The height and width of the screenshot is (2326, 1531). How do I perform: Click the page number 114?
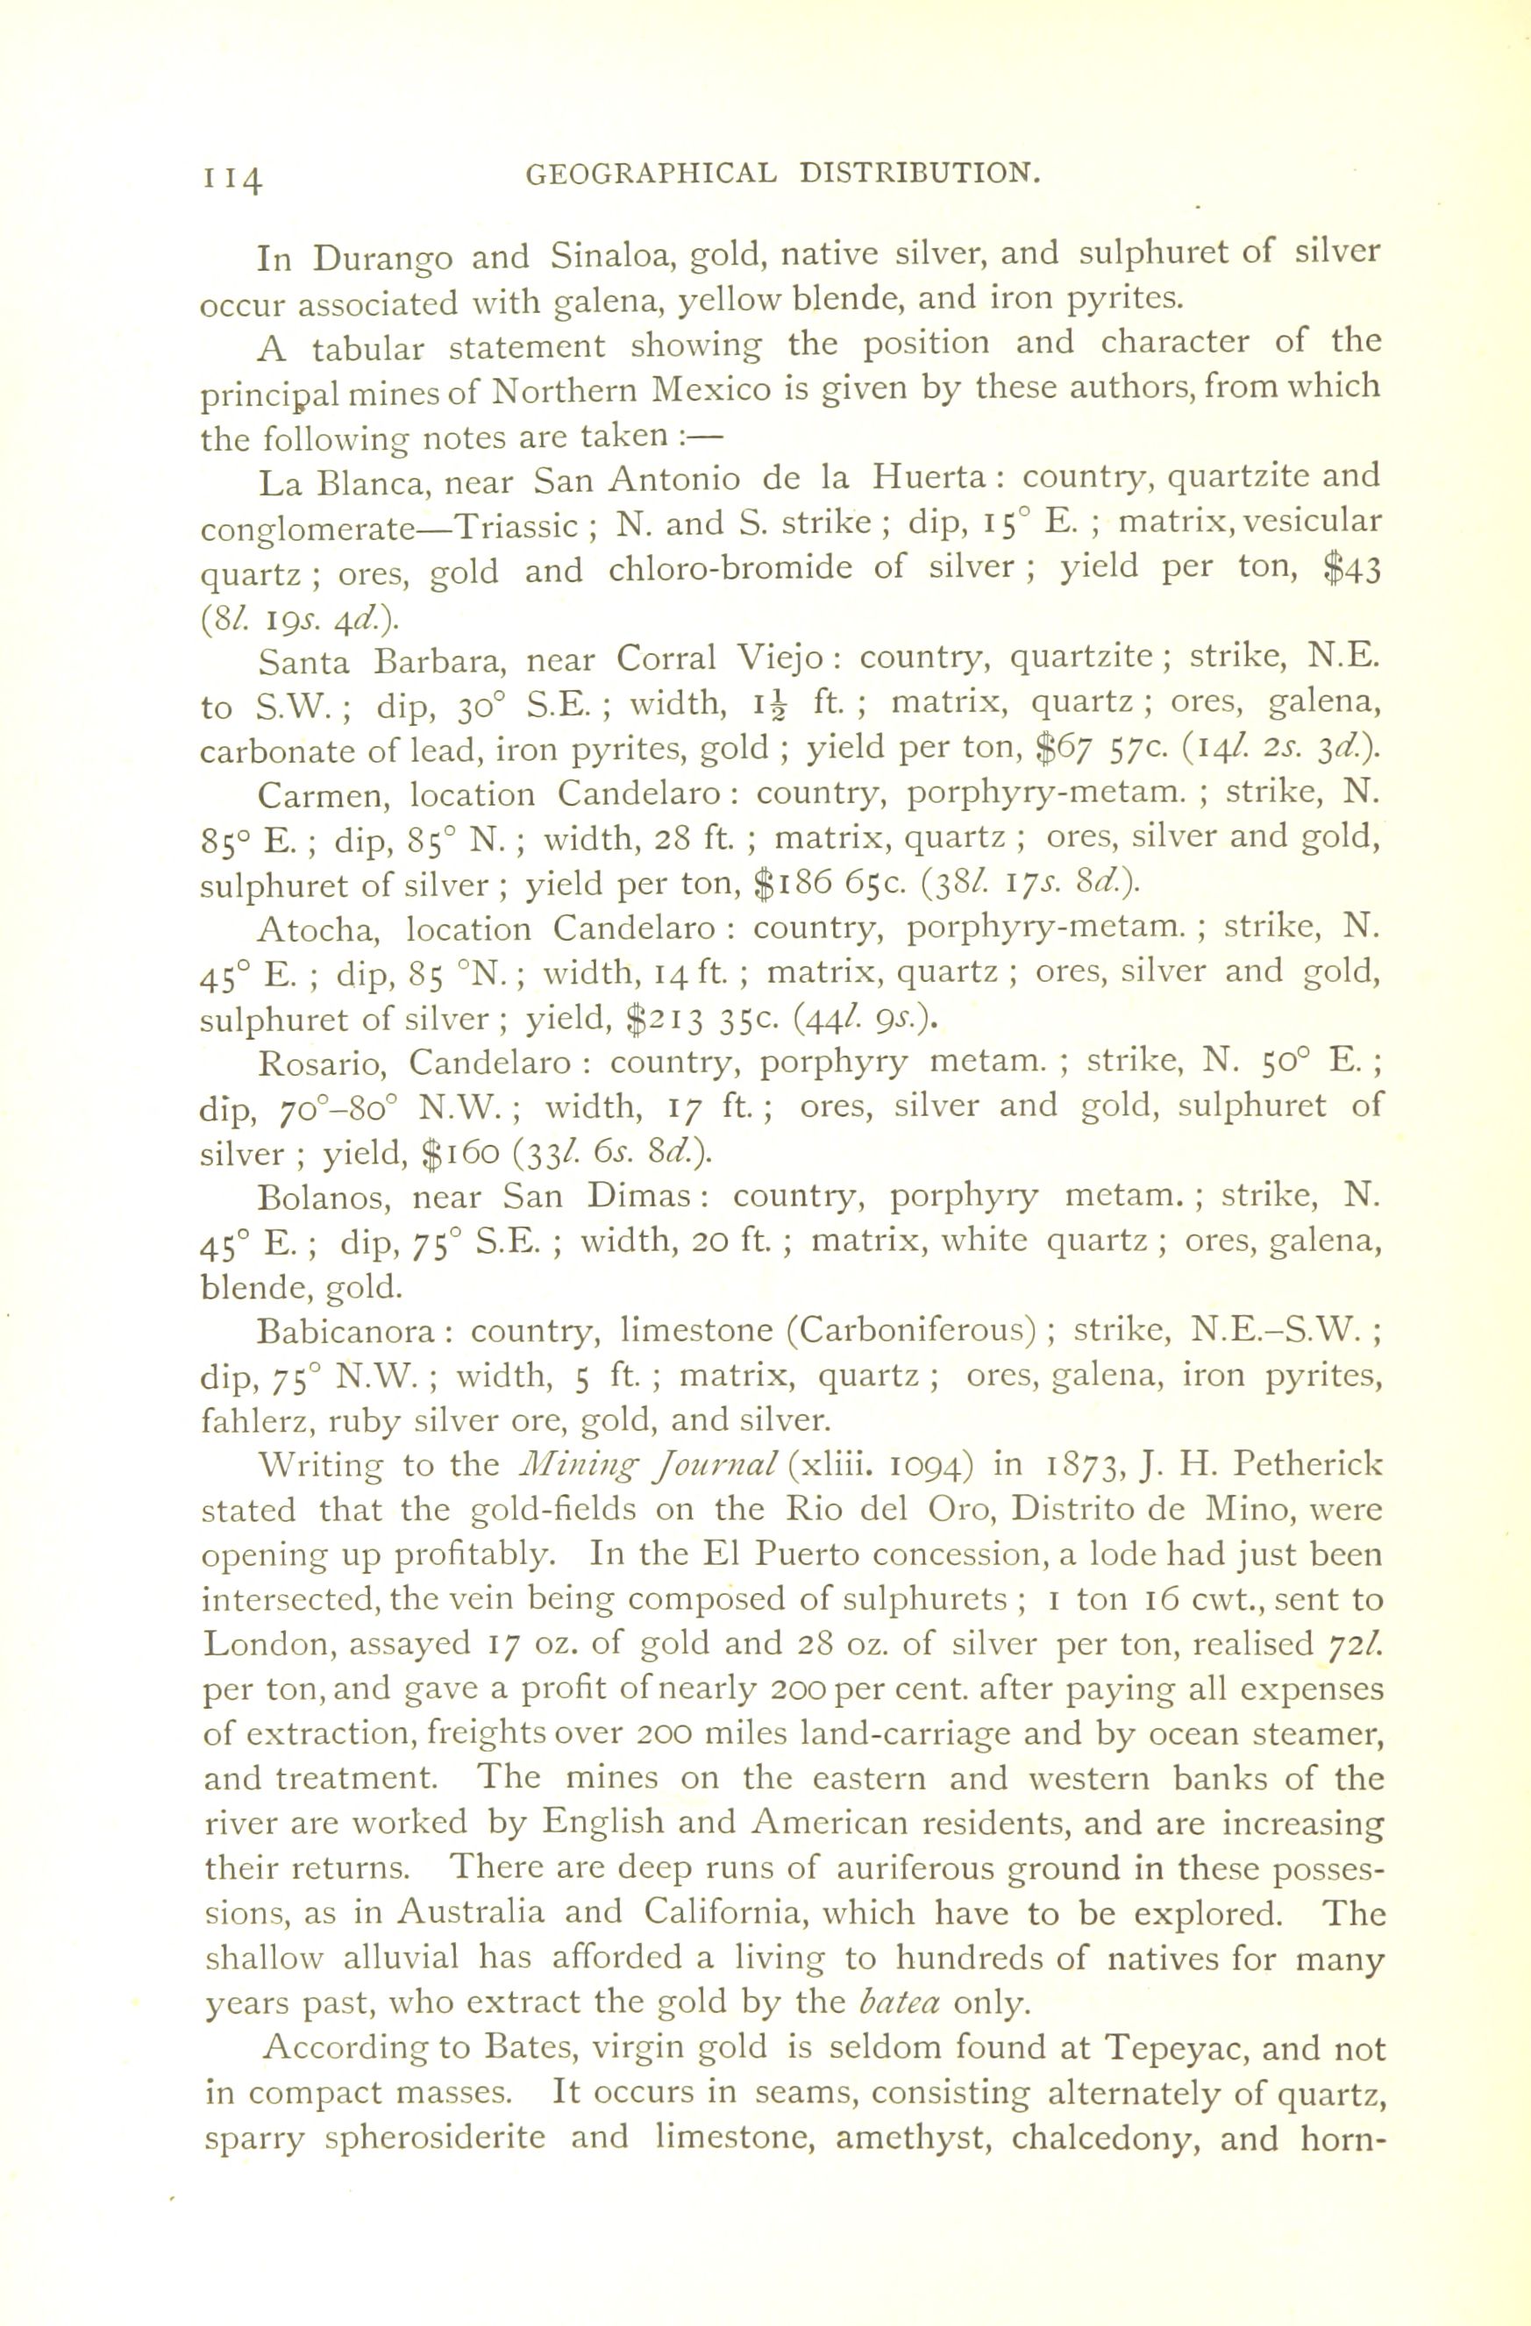232,179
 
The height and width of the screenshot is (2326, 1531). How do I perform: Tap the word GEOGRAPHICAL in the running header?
652,174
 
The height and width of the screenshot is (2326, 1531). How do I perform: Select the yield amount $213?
662,1020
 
